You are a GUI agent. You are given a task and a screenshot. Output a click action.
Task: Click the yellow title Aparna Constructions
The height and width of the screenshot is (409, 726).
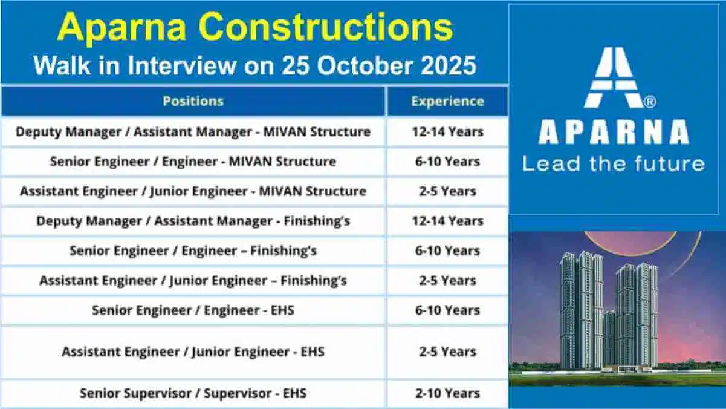(x=255, y=27)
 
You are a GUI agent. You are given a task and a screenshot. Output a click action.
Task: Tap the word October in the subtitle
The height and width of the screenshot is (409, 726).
(x=365, y=65)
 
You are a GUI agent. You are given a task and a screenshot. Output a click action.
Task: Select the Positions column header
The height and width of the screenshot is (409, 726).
(x=193, y=101)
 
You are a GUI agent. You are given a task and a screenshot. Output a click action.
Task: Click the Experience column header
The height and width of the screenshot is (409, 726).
(x=447, y=101)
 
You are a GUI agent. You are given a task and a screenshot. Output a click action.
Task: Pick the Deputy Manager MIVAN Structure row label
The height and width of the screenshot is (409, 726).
(x=193, y=132)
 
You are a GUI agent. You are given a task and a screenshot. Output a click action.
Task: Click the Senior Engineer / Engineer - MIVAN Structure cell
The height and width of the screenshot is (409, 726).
(x=193, y=162)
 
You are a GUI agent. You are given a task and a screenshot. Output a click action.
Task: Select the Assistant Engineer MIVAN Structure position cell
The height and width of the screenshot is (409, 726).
(x=193, y=191)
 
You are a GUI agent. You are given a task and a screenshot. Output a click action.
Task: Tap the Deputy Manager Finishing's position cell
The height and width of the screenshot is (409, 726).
(x=193, y=221)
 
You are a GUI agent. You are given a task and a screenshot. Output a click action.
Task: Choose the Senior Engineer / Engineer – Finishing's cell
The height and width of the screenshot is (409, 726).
(x=193, y=250)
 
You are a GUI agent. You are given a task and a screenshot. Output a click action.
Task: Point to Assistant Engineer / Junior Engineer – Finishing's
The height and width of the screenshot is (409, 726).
(x=193, y=281)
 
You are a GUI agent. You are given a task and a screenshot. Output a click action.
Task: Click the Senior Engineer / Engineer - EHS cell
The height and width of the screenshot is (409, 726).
(x=193, y=310)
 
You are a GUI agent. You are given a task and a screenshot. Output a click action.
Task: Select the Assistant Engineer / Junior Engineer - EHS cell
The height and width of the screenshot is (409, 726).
(x=193, y=352)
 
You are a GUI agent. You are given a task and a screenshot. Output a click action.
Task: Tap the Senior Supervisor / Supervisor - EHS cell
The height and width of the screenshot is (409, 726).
(x=193, y=393)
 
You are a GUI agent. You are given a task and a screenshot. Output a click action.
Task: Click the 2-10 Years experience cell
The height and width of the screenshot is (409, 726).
(x=447, y=393)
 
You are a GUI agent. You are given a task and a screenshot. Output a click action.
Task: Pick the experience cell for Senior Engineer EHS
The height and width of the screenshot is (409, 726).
(x=447, y=310)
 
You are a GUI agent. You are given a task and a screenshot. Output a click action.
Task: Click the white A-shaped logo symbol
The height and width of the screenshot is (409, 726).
(x=614, y=77)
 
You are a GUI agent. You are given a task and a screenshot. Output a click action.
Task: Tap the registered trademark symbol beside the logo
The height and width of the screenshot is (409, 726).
(x=650, y=102)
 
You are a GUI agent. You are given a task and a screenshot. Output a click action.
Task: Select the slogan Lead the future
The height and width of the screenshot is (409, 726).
(x=614, y=163)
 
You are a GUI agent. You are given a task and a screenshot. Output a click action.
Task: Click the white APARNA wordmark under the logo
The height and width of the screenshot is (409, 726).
(x=614, y=132)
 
